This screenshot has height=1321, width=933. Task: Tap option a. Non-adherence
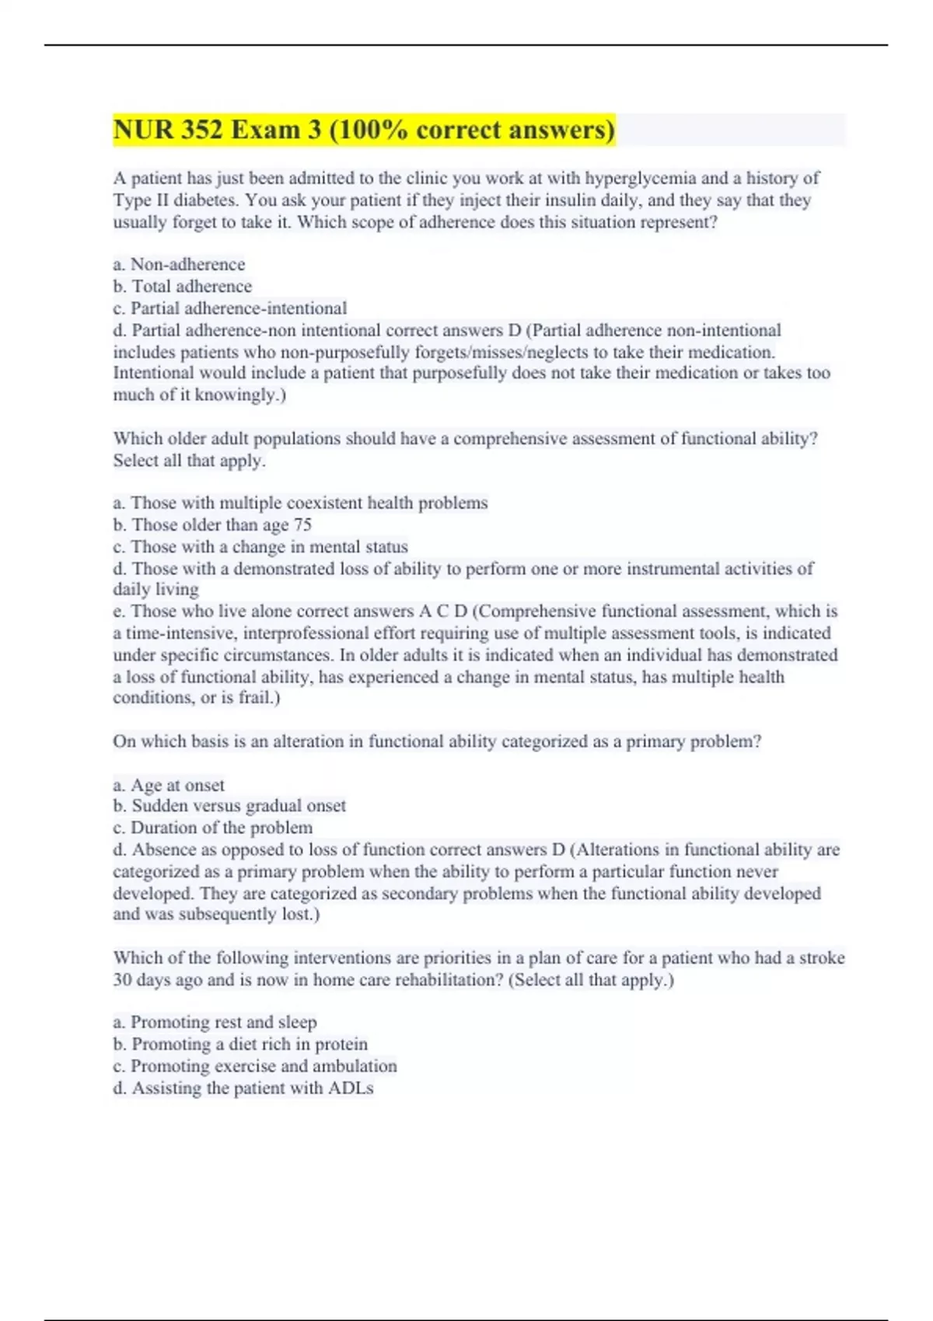point(179,265)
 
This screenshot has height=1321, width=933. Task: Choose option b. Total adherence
point(182,287)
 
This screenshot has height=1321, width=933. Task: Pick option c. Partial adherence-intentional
point(229,308)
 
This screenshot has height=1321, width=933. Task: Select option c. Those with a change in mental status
point(260,547)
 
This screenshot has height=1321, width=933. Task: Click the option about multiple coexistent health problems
point(300,504)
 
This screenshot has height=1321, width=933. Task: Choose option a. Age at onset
point(169,786)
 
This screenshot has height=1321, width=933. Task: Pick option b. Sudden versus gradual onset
point(229,807)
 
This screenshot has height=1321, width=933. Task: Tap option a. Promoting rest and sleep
point(215,1023)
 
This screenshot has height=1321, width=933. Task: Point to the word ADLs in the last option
point(351,1089)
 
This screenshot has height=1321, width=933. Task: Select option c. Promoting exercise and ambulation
point(254,1066)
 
